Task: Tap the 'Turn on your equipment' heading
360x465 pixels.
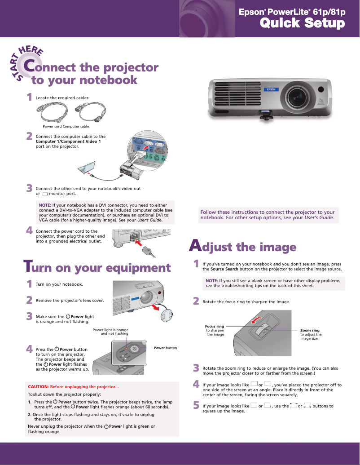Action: coord(97,268)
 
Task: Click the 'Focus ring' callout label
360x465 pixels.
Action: coord(214,326)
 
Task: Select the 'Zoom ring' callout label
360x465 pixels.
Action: coord(310,330)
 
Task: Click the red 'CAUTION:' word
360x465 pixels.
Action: coord(38,386)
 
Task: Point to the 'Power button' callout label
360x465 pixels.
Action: coord(165,348)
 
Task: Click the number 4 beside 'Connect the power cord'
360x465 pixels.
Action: coord(29,231)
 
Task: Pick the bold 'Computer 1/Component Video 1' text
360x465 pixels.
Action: coord(68,142)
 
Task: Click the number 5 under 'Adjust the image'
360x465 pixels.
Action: coord(196,406)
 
